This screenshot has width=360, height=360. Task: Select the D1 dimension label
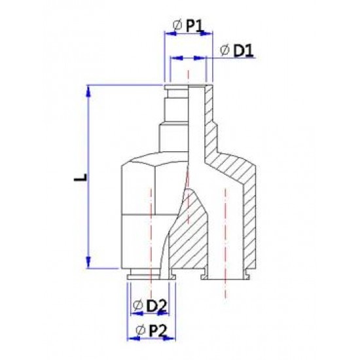[x=242, y=50]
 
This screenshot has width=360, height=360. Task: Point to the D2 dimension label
[x=155, y=305]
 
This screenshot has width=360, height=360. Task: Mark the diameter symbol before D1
[x=223, y=50]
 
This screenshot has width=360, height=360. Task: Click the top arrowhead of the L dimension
[x=90, y=90]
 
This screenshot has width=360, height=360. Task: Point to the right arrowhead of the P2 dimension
[x=173, y=339]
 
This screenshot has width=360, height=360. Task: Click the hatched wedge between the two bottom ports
[x=187, y=242]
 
